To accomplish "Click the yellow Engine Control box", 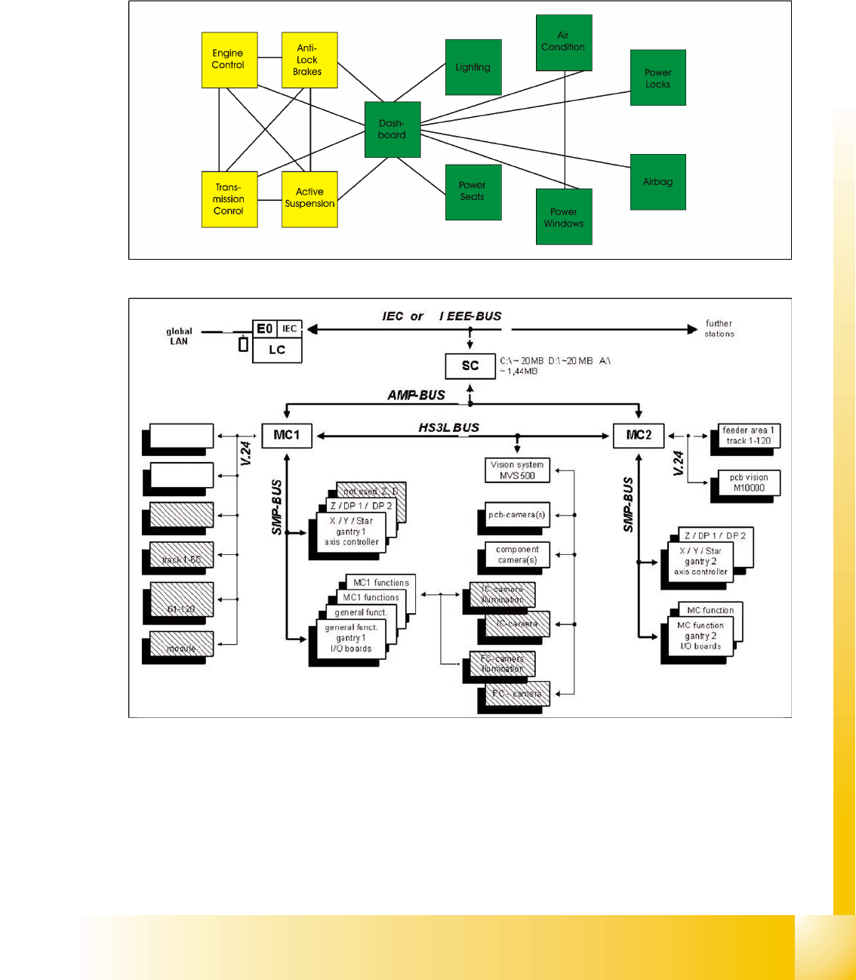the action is click(x=229, y=60).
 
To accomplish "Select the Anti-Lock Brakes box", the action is click(x=309, y=60).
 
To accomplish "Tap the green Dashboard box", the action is click(x=392, y=129).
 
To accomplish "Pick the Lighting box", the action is click(x=473, y=67).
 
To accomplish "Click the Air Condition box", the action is click(x=563, y=42).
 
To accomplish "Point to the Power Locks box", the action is click(x=657, y=78).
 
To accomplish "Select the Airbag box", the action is click(x=657, y=182).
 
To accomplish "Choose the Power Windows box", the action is click(x=563, y=217).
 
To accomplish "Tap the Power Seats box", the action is click(x=473, y=192).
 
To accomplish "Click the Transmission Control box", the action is click(x=229, y=199).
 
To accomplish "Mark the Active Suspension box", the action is click(x=309, y=199).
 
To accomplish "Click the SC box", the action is click(x=470, y=366).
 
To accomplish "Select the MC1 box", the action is click(x=287, y=436).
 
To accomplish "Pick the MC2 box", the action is click(x=639, y=436).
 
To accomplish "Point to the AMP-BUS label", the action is click(x=416, y=395).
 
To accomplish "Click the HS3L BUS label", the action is click(x=448, y=427).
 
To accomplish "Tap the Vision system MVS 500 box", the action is click(x=517, y=470).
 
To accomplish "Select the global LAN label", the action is click(x=179, y=336).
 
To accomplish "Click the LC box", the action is click(x=277, y=350).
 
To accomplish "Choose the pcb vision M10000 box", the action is click(x=748, y=483).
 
